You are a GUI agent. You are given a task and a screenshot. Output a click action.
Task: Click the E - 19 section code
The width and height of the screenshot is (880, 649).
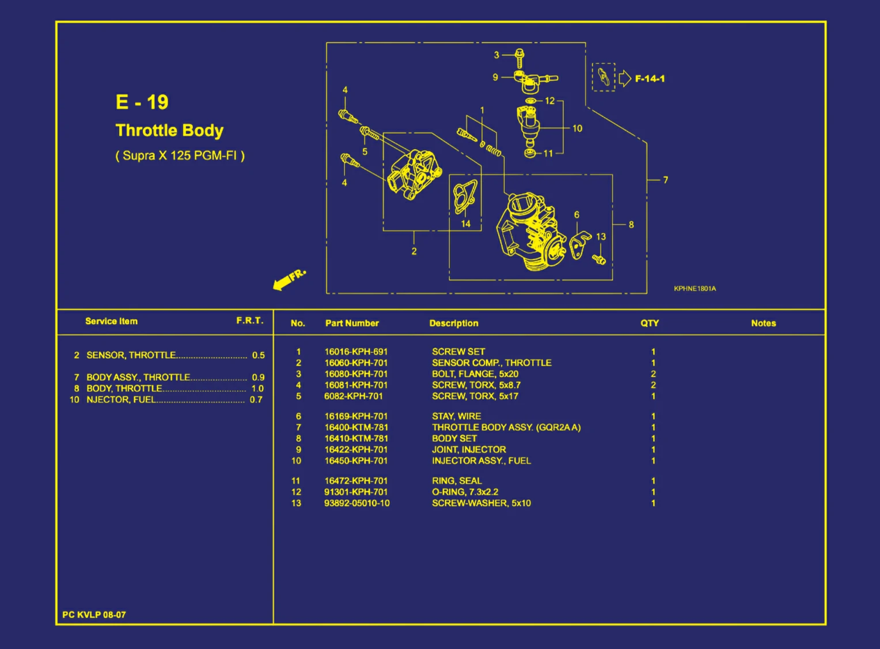tap(142, 102)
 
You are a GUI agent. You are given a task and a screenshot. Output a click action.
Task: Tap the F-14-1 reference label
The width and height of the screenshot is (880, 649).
tap(650, 78)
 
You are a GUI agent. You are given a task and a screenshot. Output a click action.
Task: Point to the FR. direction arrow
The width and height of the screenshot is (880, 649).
tap(289, 280)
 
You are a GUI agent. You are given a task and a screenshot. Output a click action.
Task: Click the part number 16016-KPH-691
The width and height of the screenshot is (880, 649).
tap(356, 352)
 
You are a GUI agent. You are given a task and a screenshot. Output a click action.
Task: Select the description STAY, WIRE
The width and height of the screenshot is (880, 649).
tap(457, 416)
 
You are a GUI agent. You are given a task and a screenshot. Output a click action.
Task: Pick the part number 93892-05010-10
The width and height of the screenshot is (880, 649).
tap(356, 503)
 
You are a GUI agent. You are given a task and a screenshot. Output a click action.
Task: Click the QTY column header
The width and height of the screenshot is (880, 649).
tap(650, 323)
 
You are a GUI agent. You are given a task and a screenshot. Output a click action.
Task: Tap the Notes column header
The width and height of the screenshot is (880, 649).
tap(763, 323)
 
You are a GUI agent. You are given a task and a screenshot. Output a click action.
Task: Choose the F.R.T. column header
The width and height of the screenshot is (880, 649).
tap(249, 321)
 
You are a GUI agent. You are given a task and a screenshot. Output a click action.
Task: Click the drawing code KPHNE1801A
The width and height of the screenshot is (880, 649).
tap(695, 289)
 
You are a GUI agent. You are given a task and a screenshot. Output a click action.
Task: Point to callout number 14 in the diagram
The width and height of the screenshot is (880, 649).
tap(465, 224)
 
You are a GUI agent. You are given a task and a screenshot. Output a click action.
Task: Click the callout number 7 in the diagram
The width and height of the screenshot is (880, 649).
tap(666, 180)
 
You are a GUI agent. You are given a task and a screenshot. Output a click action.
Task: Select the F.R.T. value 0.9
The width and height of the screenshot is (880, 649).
tap(258, 377)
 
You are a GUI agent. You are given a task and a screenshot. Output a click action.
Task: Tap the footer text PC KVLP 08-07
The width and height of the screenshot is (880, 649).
tap(94, 614)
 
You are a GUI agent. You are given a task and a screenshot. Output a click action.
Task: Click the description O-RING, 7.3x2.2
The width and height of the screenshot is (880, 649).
tap(465, 492)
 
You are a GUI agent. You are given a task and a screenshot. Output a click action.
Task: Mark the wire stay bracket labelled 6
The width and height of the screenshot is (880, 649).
tap(579, 246)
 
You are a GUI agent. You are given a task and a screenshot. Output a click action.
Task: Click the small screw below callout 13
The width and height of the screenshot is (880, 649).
tap(599, 260)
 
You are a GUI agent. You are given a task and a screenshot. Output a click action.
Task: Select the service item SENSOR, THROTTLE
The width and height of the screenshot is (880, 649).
tap(131, 355)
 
